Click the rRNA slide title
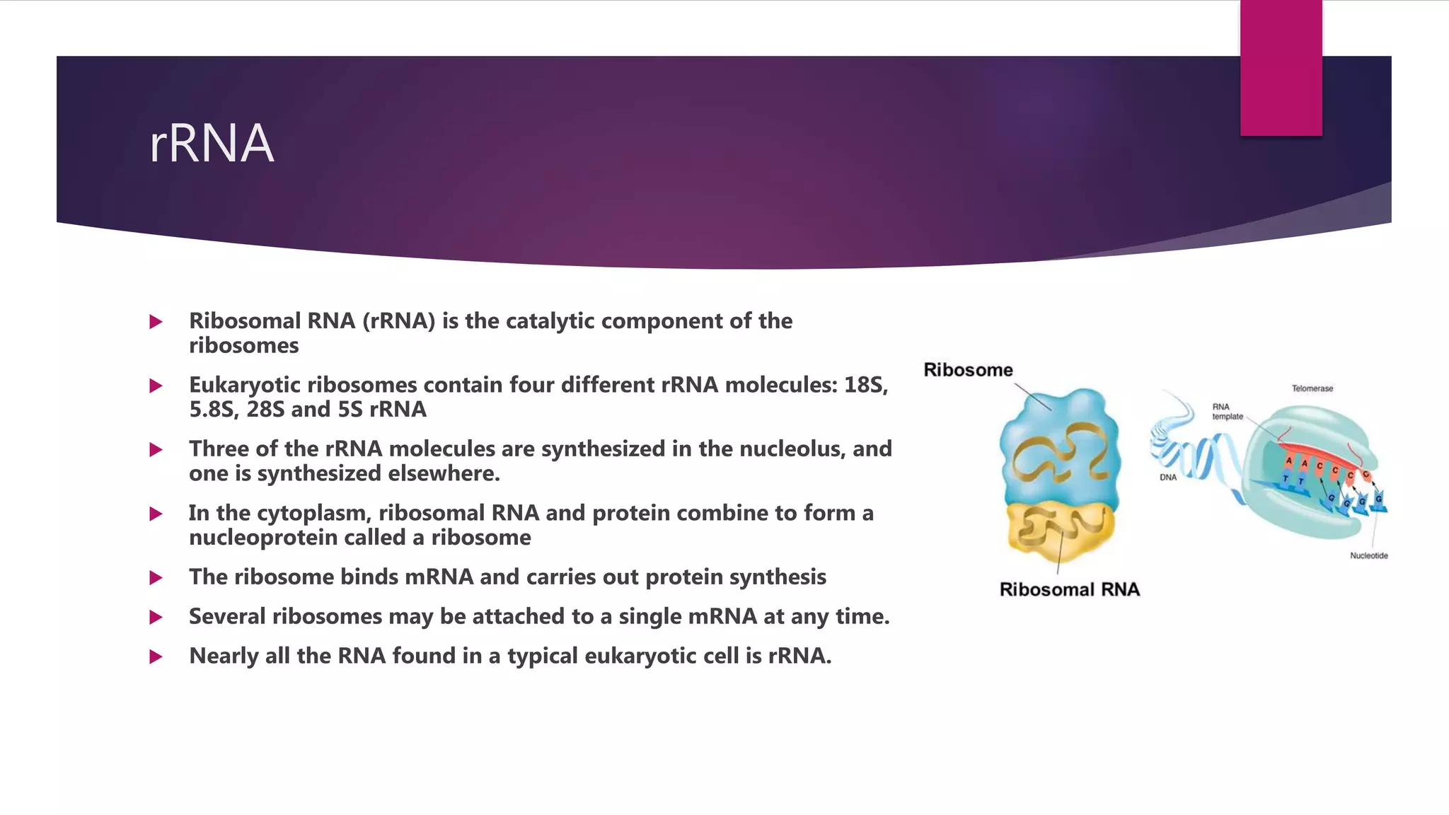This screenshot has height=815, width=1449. [211, 144]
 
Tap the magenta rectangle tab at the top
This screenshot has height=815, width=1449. [1281, 68]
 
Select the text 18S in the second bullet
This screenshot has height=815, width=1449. [865, 385]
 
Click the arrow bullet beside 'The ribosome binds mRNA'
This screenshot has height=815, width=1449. [156, 578]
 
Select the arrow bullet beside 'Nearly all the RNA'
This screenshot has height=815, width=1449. [156, 657]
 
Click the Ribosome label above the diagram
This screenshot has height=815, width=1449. [967, 370]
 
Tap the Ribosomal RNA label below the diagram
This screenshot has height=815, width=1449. [1069, 590]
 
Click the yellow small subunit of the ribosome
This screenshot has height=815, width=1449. [1059, 531]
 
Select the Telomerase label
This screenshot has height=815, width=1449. [1312, 388]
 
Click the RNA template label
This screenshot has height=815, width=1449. [1226, 412]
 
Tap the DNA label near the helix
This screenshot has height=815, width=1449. [1168, 478]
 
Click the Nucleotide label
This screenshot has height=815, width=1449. [1368, 556]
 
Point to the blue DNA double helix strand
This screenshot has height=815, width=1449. [1196, 460]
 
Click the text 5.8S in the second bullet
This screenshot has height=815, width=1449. [213, 410]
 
